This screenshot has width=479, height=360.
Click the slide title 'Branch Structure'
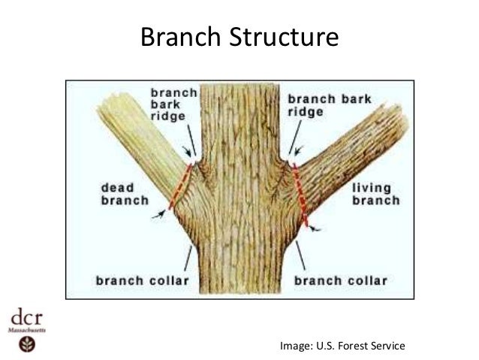[239, 36]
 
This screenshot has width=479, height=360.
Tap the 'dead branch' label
[121, 195]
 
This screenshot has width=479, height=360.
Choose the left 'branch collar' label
[141, 282]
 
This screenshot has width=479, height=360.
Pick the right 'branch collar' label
[340, 282]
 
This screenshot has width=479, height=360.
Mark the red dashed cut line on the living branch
[300, 192]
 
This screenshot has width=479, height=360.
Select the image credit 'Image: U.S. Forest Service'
[342, 346]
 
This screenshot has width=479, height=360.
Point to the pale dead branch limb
[135, 132]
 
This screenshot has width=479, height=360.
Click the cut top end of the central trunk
[239, 86]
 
